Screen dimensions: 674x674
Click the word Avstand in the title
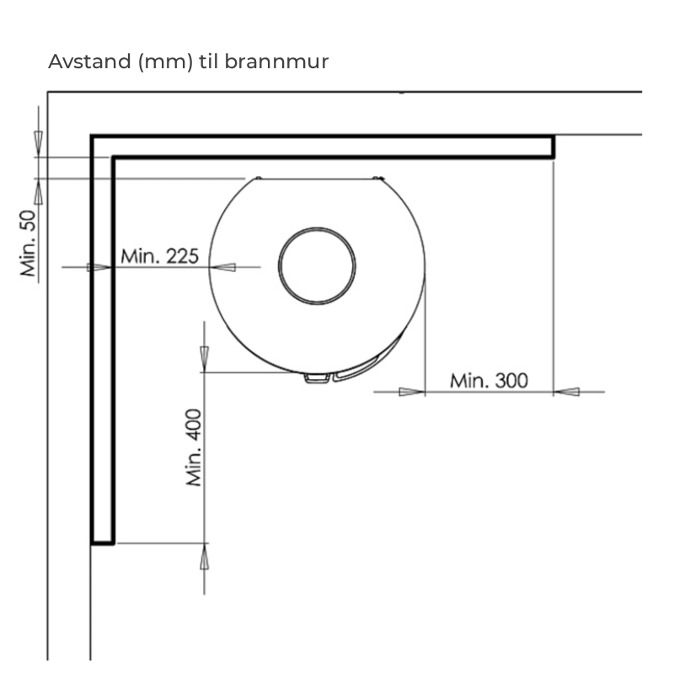[x=89, y=62]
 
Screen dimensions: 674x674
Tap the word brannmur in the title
[x=276, y=62]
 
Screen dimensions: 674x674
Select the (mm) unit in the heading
[x=165, y=62]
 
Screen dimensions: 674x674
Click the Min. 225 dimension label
[x=159, y=256]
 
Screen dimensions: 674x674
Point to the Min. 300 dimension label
[x=489, y=381]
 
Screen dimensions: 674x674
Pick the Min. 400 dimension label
[x=194, y=447]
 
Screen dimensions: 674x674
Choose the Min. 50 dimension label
[x=29, y=243]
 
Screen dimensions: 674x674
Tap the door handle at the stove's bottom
[x=318, y=378]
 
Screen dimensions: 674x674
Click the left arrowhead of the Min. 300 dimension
[x=412, y=392]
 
